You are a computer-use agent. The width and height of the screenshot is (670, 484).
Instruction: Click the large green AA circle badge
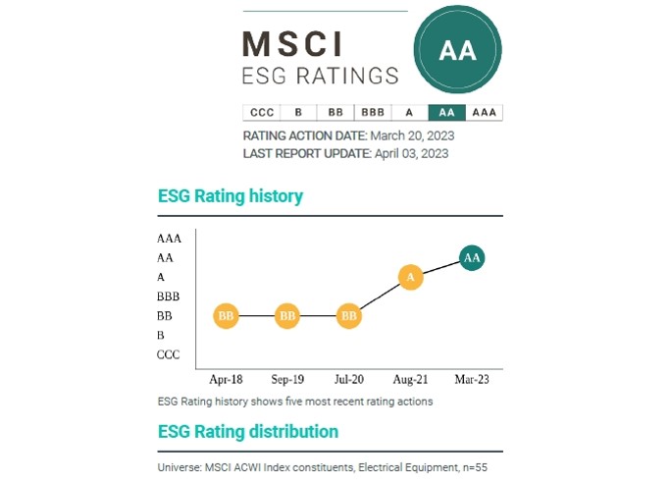coord(457,51)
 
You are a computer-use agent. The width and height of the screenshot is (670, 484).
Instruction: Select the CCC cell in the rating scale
coord(261,112)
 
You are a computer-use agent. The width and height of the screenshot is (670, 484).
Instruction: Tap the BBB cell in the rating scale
coord(372,112)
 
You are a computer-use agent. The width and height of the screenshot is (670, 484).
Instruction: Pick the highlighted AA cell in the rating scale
coord(446,112)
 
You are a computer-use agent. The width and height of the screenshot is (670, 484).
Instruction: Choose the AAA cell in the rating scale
coord(484,112)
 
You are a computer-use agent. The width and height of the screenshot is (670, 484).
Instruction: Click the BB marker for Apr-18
coord(226,316)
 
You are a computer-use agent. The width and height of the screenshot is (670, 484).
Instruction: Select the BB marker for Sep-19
coord(287,316)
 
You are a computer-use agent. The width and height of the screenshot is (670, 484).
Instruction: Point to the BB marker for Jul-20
coord(349,316)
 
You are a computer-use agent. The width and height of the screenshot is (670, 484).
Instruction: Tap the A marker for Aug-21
coord(411,278)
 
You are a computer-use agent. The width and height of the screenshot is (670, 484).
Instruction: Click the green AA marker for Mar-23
coord(472,258)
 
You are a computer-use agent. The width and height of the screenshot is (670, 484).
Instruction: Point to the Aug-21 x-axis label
coord(411,379)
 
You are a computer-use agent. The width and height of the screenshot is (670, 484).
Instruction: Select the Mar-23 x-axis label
coord(472,379)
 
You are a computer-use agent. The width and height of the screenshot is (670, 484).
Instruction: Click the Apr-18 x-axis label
coord(226,379)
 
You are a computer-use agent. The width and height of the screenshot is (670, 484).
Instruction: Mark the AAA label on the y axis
coord(169,239)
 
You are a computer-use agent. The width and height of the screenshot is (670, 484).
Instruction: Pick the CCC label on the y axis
coord(169,355)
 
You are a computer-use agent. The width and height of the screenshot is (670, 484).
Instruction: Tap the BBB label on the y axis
coord(168,296)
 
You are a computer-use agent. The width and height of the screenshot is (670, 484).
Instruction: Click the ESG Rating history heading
coord(231,196)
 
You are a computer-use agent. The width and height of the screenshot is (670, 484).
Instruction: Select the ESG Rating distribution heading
coord(248,432)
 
